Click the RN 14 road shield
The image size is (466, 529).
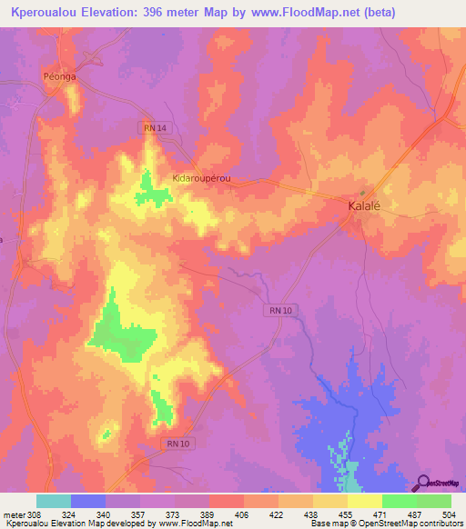tap(154, 129)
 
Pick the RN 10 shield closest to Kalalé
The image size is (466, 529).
tap(280, 310)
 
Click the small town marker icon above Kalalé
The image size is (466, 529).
tap(363, 193)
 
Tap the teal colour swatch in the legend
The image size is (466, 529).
tap(54, 501)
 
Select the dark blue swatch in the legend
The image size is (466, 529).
tap(88, 501)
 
